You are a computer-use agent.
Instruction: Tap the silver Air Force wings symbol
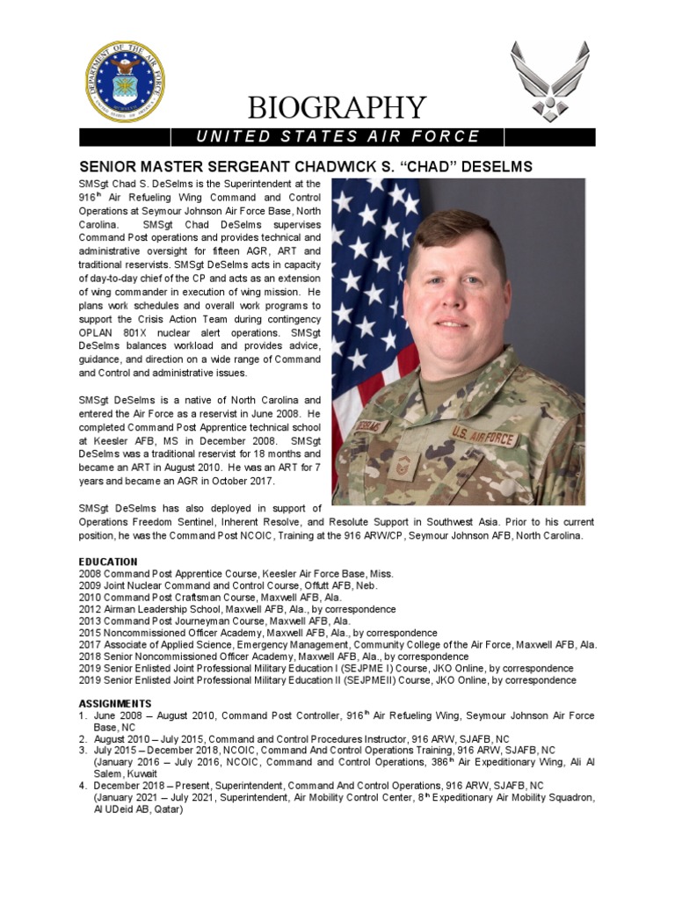(x=549, y=80)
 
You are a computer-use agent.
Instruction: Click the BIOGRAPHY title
(x=337, y=108)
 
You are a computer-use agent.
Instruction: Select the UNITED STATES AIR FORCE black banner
(x=337, y=136)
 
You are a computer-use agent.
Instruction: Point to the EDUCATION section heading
(x=108, y=562)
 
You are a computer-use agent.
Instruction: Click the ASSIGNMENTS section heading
(x=115, y=703)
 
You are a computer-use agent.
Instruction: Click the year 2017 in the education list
(x=91, y=644)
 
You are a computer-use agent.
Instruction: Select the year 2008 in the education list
(x=91, y=573)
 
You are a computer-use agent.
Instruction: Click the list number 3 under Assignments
(x=83, y=750)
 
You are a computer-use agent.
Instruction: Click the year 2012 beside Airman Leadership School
(x=91, y=609)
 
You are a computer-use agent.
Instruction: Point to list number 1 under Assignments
(x=83, y=715)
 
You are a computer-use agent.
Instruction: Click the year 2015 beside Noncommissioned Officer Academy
(x=91, y=633)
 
